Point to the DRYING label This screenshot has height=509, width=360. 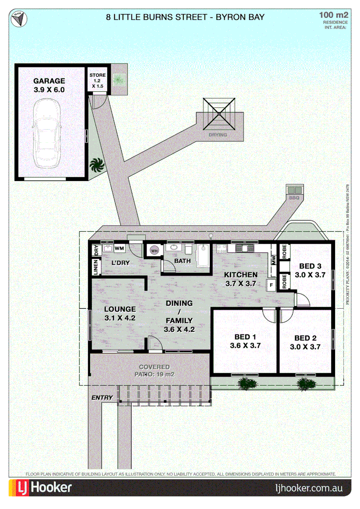pyautogui.click(x=218, y=135)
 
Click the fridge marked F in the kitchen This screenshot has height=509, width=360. pyautogui.click(x=271, y=285)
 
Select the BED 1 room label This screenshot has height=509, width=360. pyautogui.click(x=245, y=337)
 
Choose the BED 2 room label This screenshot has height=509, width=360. pyautogui.click(x=305, y=338)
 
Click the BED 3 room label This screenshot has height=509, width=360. pyautogui.click(x=310, y=266)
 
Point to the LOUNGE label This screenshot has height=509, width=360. pyautogui.click(x=120, y=310)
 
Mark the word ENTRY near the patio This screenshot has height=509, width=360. pyautogui.click(x=102, y=398)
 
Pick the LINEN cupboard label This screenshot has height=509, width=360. pyautogui.click(x=96, y=267)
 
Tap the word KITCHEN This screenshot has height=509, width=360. pyautogui.click(x=240, y=275)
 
